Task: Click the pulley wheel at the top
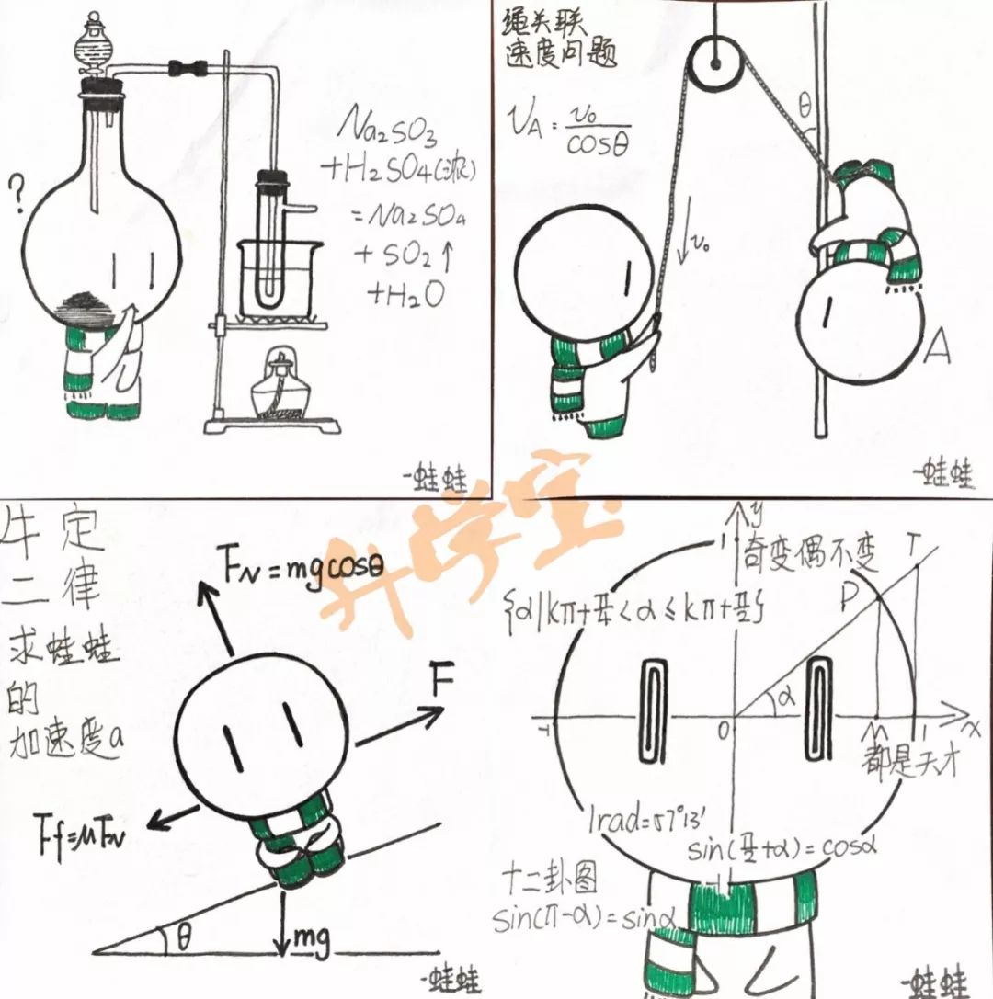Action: [714, 64]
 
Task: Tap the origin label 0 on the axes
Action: [725, 731]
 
